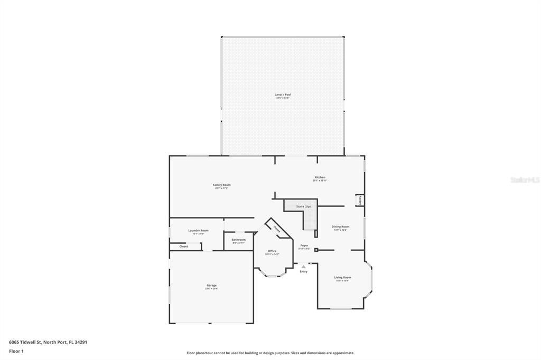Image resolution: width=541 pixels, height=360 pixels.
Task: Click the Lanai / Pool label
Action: coord(283,94)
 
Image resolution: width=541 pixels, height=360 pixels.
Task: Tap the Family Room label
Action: coord(221,185)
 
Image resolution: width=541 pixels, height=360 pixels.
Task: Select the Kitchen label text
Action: coord(320,177)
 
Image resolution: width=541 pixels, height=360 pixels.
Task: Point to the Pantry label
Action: coord(360,200)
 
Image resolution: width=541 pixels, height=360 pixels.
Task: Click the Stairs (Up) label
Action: coord(303,206)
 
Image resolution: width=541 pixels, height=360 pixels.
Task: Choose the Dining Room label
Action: coord(340,226)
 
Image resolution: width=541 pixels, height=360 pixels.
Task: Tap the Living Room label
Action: coord(342,277)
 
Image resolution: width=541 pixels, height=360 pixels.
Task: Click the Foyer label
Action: coord(304,245)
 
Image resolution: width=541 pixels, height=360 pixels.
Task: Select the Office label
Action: coord(272,251)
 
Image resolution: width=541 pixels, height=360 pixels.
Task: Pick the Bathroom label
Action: coord(238,240)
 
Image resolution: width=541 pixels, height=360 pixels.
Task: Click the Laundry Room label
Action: coord(198,230)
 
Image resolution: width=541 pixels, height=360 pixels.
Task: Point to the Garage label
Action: coord(211,286)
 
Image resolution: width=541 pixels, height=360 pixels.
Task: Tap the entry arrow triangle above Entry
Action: coord(303,267)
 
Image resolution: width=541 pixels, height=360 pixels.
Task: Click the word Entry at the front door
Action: coord(303,271)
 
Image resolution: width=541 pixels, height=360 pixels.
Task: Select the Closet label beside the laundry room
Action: coord(183,246)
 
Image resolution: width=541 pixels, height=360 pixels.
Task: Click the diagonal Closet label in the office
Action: coord(277,229)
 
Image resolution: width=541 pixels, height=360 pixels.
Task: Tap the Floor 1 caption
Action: coord(16,350)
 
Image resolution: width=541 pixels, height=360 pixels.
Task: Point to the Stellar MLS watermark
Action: coord(525,180)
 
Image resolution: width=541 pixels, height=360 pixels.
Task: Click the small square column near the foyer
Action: coord(316,250)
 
